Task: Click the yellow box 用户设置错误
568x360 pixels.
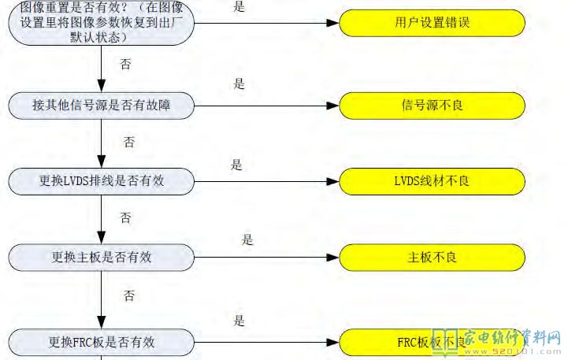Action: pyautogui.click(x=432, y=24)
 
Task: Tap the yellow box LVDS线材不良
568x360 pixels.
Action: pyautogui.click(x=432, y=181)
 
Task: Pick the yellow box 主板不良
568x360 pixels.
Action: pyautogui.click(x=432, y=257)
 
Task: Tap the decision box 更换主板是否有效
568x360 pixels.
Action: pyautogui.click(x=101, y=257)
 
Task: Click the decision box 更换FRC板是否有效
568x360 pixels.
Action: pyautogui.click(x=101, y=342)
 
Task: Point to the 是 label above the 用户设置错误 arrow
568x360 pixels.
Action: pyautogui.click(x=239, y=7)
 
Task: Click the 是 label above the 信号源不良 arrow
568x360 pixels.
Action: pyautogui.click(x=239, y=84)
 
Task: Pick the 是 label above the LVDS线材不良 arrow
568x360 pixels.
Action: pyautogui.click(x=236, y=165)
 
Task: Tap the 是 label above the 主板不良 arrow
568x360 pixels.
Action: pyautogui.click(x=247, y=240)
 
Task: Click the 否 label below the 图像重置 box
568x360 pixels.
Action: pyautogui.click(x=125, y=65)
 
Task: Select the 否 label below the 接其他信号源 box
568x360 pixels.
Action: pyautogui.click(x=129, y=143)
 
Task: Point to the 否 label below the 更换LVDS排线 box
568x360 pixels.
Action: pyautogui.click(x=125, y=217)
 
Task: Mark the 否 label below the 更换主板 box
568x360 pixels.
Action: pyautogui.click(x=129, y=296)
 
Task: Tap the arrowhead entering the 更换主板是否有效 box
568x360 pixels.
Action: pyautogui.click(x=101, y=239)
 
